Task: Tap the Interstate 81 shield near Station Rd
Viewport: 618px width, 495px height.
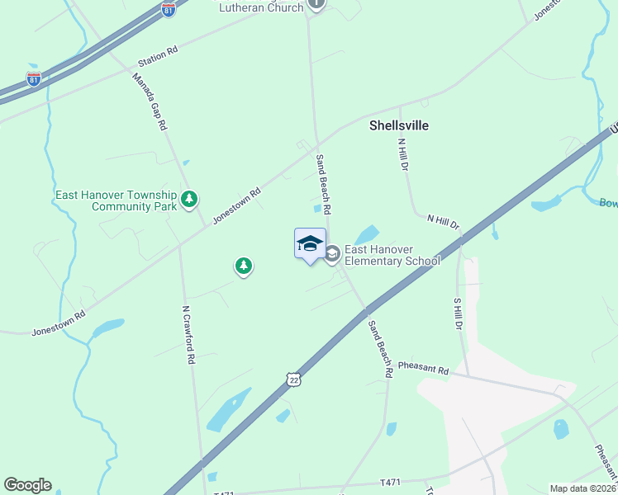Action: click(34, 79)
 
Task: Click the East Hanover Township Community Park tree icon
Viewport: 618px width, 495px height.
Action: click(190, 199)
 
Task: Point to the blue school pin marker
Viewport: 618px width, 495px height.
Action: click(310, 244)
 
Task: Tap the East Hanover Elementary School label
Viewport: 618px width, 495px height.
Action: click(392, 255)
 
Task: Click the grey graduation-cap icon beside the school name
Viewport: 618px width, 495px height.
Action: click(332, 254)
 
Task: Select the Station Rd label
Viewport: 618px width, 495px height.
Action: click(158, 55)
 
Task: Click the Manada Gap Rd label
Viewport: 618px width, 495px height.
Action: click(150, 101)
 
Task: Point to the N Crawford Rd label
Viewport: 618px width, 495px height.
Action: click(188, 335)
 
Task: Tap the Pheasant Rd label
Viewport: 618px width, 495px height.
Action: click(422, 368)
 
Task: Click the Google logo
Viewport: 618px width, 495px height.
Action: click(27, 485)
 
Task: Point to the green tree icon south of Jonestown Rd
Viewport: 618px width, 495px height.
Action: click(243, 266)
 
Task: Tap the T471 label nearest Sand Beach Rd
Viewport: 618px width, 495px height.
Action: click(390, 482)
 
